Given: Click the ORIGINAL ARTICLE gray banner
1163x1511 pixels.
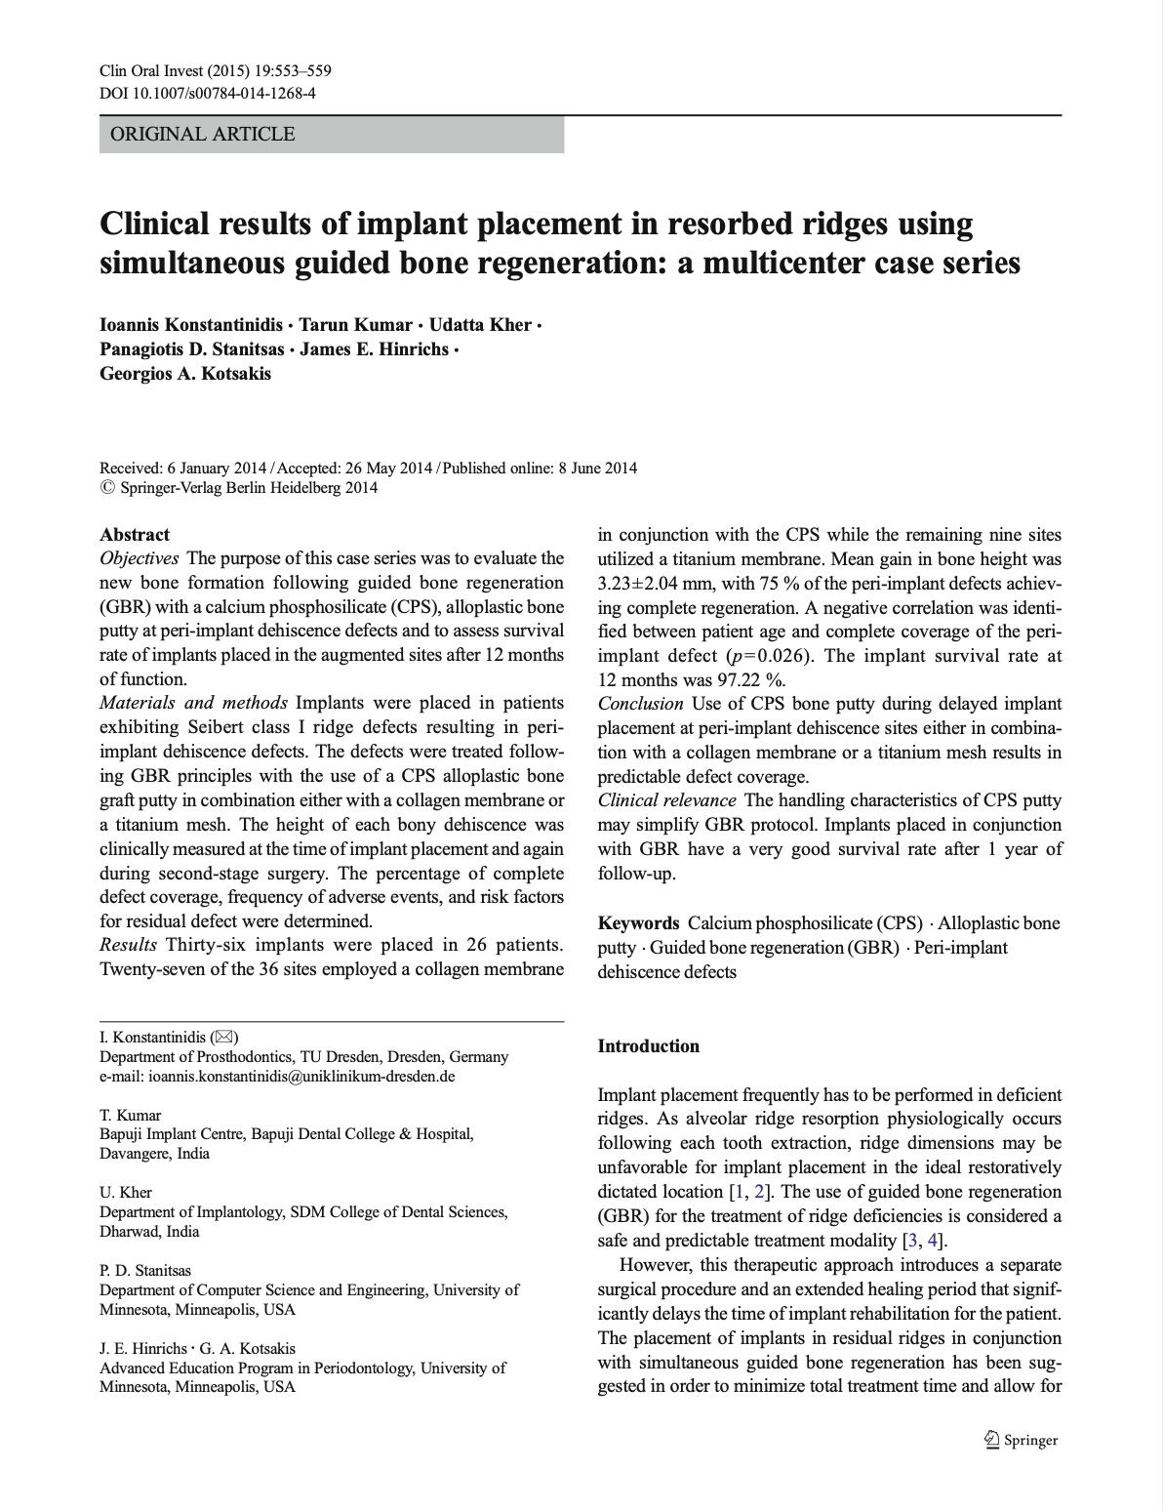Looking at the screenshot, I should tap(332, 134).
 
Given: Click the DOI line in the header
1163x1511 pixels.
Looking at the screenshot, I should tap(207, 93).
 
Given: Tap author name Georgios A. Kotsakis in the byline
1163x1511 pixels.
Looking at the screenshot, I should tap(185, 373).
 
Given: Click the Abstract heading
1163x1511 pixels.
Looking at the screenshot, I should tap(135, 534).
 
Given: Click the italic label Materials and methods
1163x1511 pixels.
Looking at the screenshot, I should tap(195, 703).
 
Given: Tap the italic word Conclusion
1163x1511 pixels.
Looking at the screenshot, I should tap(640, 704).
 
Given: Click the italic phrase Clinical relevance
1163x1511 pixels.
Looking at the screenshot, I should tap(666, 800).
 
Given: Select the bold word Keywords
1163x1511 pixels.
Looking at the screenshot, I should tap(638, 923).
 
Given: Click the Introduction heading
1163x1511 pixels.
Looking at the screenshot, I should tap(648, 1046).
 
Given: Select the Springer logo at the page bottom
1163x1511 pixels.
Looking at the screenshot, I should tap(1020, 1439).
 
